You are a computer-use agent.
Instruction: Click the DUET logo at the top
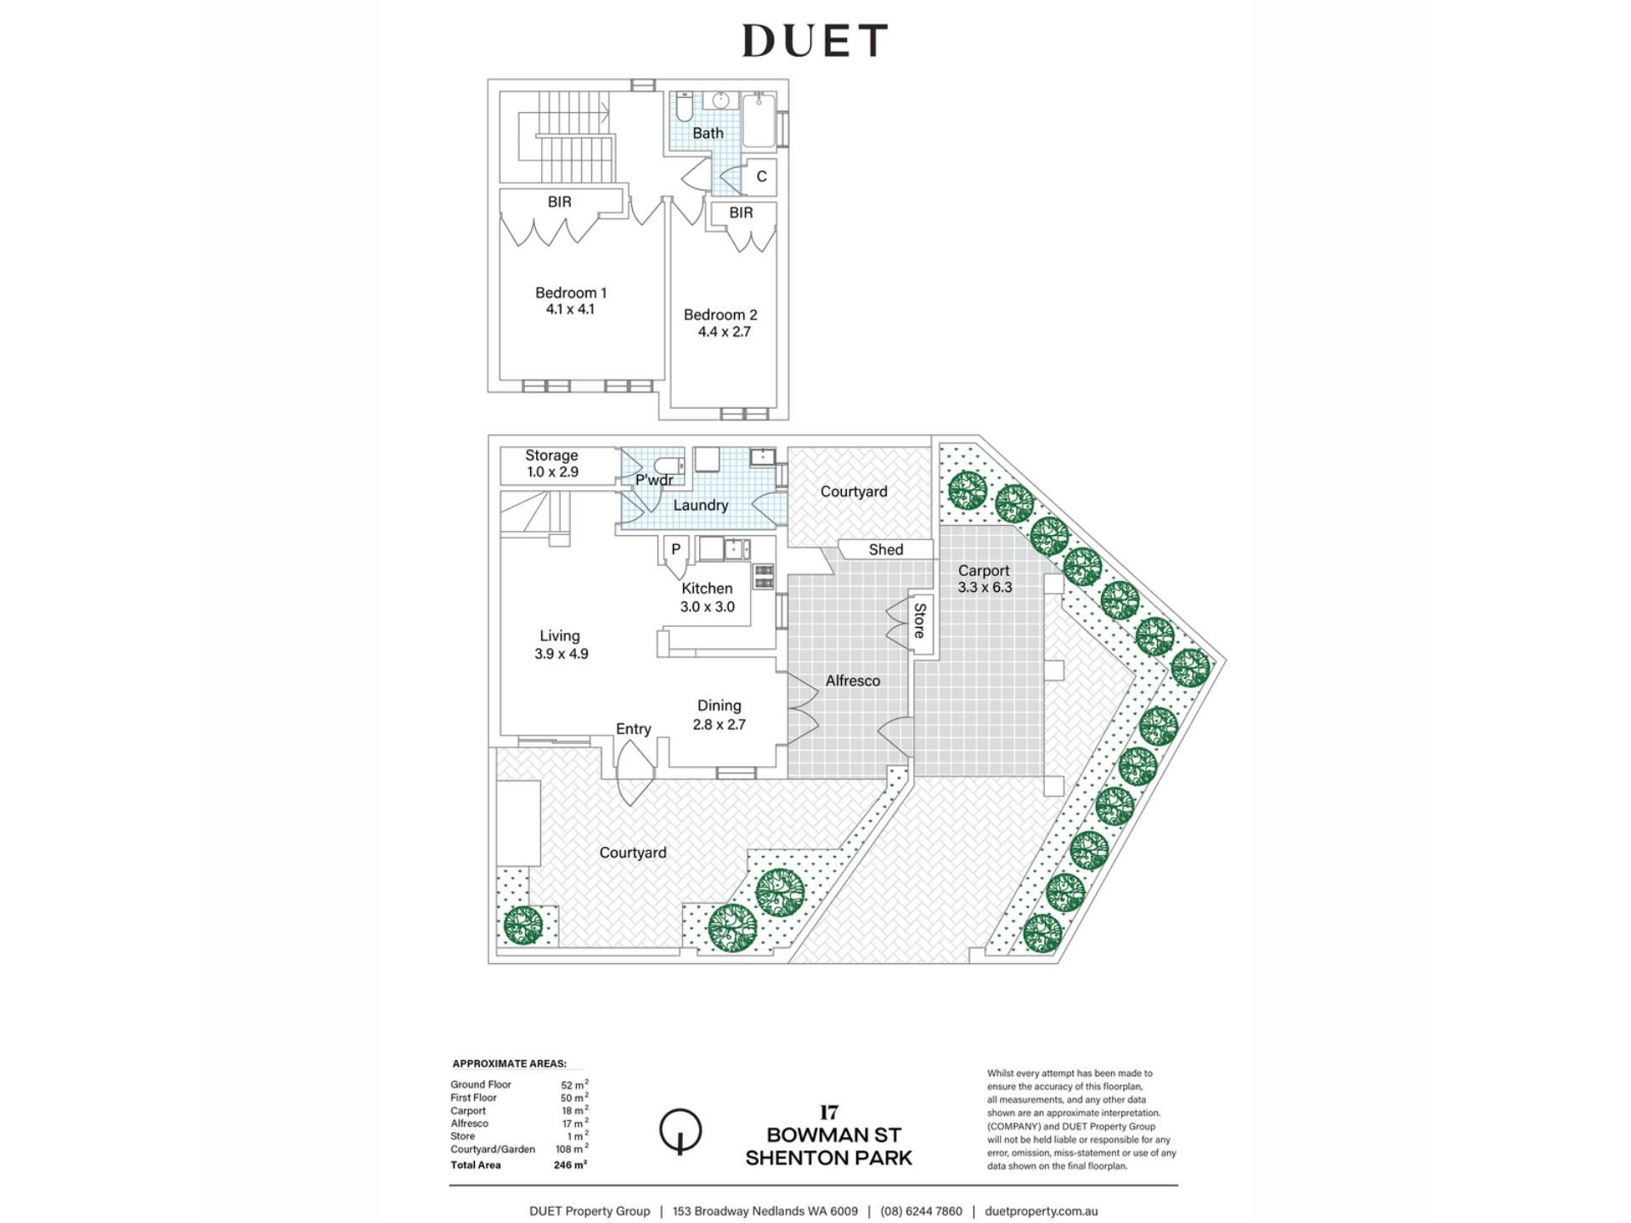(815, 41)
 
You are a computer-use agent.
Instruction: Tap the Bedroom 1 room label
(571, 293)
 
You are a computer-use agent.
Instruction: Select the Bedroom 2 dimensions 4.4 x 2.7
(725, 332)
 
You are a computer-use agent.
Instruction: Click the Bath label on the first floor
(708, 133)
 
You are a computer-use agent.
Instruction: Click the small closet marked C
(761, 177)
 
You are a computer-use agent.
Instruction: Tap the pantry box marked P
(676, 550)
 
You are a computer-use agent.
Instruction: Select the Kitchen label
(707, 589)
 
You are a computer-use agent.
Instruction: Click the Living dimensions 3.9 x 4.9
(561, 654)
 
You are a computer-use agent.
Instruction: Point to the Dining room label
(720, 706)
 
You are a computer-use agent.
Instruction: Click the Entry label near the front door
(634, 730)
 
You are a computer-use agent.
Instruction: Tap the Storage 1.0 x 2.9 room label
(552, 464)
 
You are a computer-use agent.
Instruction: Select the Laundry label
(701, 505)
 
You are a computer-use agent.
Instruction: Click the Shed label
(886, 550)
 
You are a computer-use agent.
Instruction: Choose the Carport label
(984, 571)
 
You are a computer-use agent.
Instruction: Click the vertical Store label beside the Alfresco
(919, 621)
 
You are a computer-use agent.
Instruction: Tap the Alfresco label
(853, 681)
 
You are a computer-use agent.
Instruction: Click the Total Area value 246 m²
(570, 1165)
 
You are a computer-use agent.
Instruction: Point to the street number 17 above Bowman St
(829, 1113)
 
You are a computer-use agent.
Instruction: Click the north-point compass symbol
(680, 1131)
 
